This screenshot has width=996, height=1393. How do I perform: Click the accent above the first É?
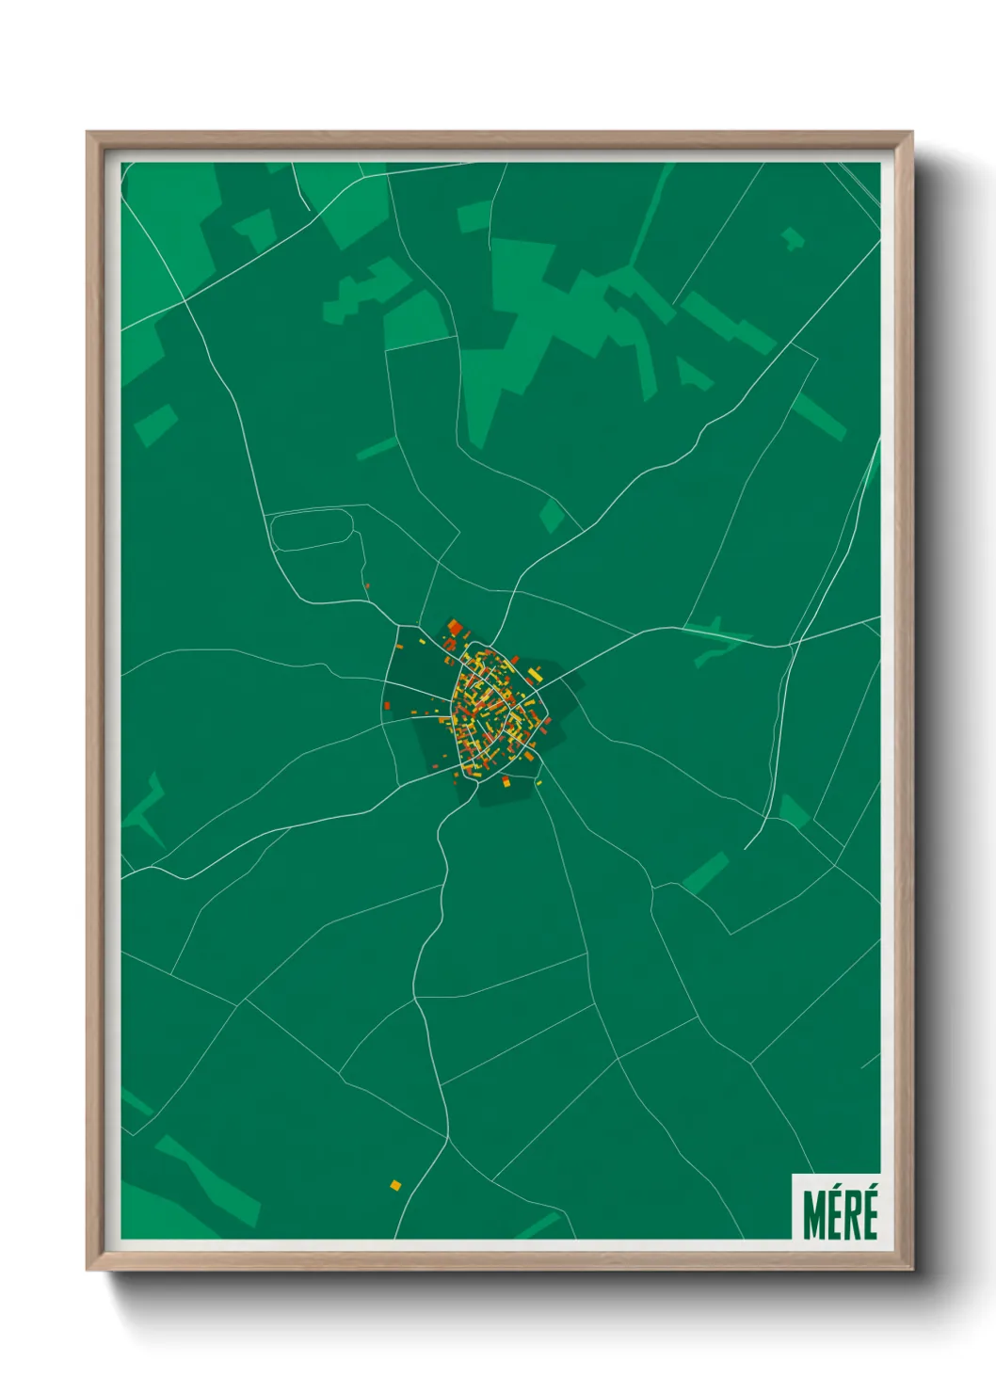(x=834, y=1192)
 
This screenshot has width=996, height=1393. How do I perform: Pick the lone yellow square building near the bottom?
(x=395, y=1184)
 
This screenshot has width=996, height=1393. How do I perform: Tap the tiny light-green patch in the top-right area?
(x=793, y=238)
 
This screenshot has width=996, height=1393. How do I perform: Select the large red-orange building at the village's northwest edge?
(x=455, y=628)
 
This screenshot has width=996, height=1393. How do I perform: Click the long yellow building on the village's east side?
(x=535, y=675)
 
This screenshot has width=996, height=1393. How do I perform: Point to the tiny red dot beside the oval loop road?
(x=366, y=586)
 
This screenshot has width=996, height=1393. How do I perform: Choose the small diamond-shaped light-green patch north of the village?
(x=552, y=515)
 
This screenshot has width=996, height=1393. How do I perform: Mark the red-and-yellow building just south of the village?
(x=506, y=781)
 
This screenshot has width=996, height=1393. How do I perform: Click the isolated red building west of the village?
(x=387, y=705)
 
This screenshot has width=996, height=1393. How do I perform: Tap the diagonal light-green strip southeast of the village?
(x=705, y=873)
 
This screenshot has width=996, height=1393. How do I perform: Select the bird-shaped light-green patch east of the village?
(x=711, y=640)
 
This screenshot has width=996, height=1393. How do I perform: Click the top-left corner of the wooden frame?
(x=88, y=133)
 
